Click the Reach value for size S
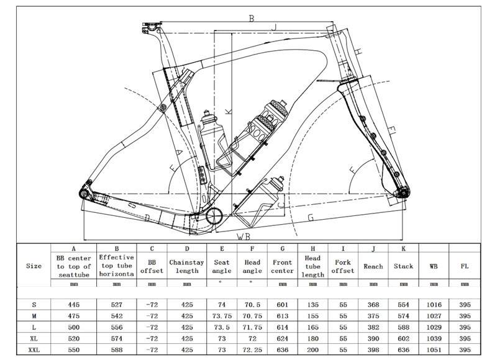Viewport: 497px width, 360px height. [x=373, y=305]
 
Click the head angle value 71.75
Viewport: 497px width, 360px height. [x=251, y=328]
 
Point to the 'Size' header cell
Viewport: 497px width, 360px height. [x=34, y=266]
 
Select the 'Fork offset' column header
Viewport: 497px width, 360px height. [x=343, y=266]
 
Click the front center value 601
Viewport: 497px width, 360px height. [x=282, y=305]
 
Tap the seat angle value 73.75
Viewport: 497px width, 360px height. [x=221, y=317]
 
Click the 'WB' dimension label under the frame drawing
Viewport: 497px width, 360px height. [x=244, y=236]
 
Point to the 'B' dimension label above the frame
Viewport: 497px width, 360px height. [x=252, y=19]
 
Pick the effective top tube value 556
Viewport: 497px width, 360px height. [x=117, y=328]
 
